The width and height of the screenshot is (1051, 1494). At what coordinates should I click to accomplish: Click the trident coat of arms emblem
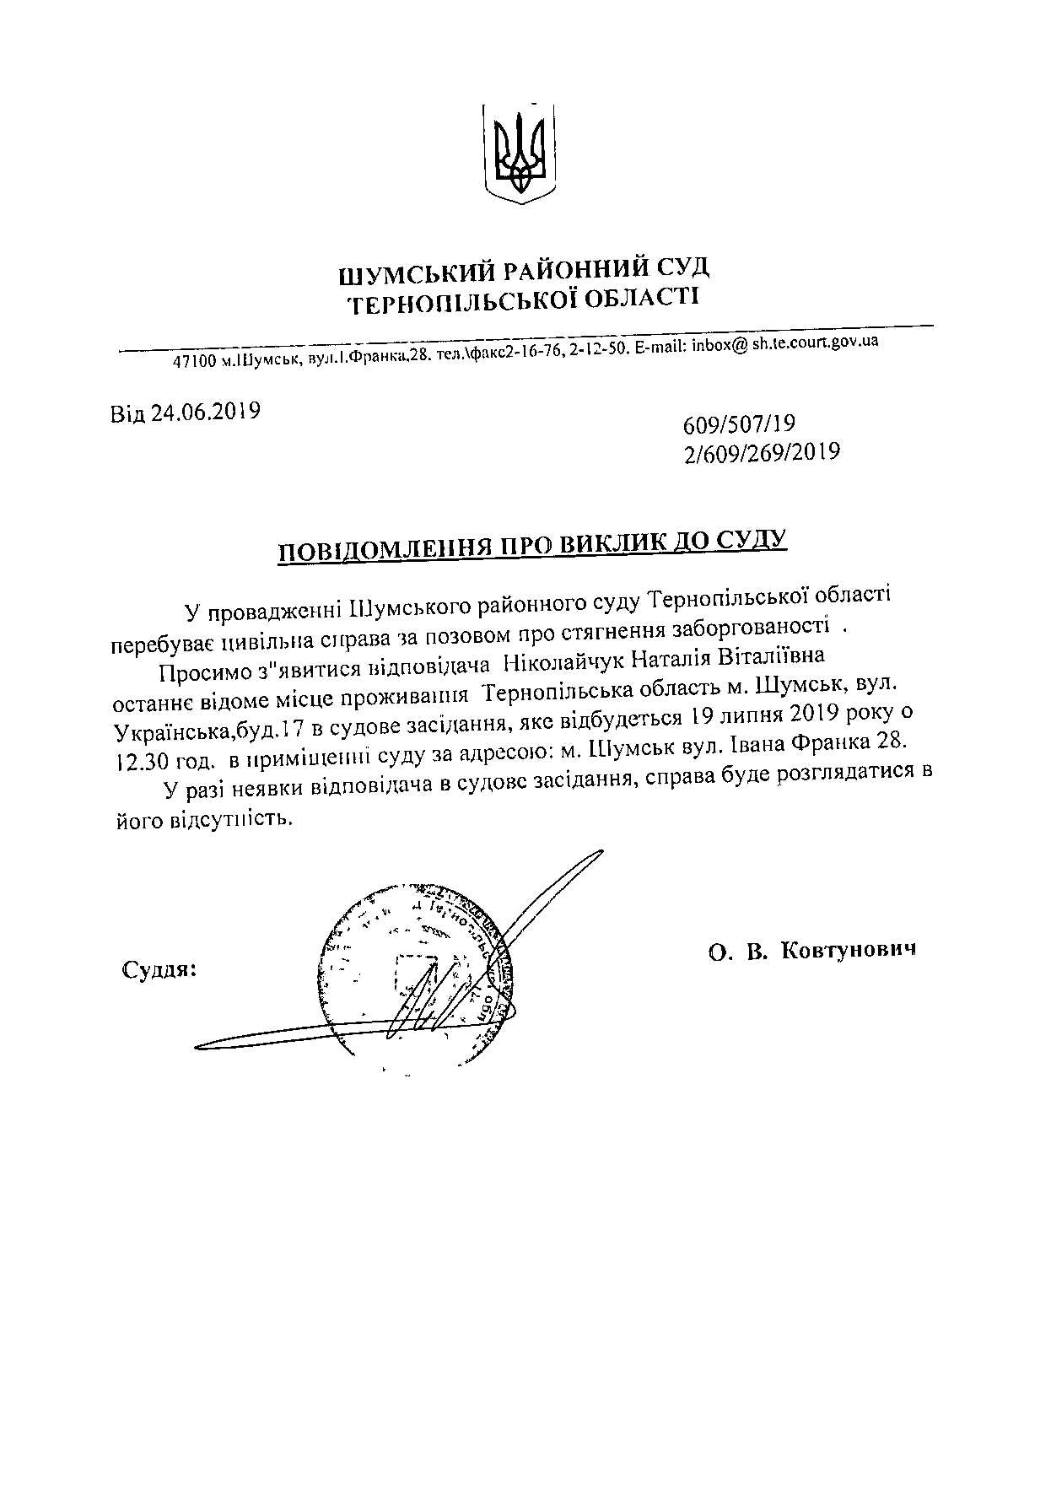(x=523, y=153)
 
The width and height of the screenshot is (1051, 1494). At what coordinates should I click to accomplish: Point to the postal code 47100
(x=196, y=362)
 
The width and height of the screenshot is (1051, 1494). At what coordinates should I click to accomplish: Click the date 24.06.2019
(x=205, y=412)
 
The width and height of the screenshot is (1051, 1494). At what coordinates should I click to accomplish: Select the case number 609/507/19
(x=739, y=423)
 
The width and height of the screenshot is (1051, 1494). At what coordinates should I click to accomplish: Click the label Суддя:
(x=159, y=968)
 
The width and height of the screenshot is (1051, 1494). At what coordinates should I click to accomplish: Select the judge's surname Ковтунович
(x=849, y=950)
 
